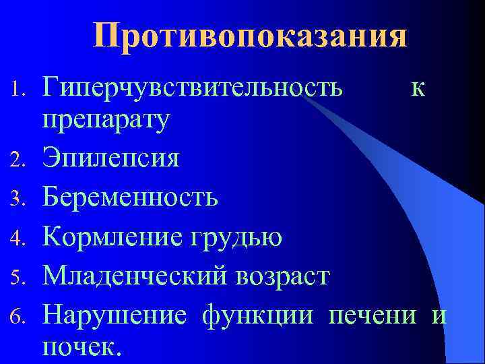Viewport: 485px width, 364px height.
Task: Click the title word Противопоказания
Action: coord(250,36)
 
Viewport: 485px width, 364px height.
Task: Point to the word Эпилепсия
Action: coord(111,159)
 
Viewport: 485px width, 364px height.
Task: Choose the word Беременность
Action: coord(130,198)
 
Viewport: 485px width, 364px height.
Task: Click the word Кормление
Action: coord(110,237)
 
